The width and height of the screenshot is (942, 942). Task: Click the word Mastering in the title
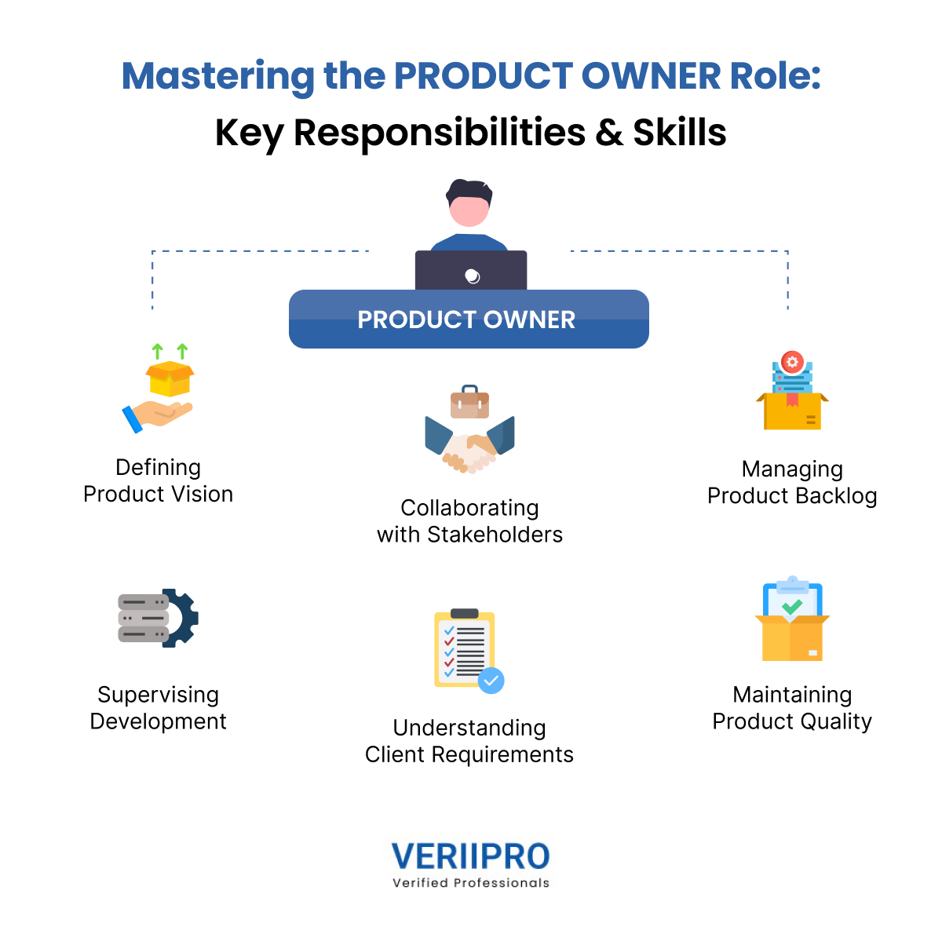[217, 77]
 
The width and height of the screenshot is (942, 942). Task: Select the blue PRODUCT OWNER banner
[469, 319]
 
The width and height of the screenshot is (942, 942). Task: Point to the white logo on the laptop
[472, 276]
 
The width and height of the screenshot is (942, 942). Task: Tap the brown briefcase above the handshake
[469, 402]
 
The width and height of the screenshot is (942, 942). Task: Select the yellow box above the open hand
[170, 378]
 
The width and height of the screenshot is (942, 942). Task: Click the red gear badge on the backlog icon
[792, 362]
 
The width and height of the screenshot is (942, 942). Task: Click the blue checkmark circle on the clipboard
[491, 681]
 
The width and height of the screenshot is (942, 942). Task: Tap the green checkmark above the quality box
[792, 606]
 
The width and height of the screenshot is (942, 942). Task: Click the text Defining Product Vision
[159, 480]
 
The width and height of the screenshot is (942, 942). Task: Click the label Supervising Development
[159, 707]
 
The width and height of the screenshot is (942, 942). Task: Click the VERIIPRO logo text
[470, 856]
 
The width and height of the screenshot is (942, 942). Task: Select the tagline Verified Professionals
[471, 883]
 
